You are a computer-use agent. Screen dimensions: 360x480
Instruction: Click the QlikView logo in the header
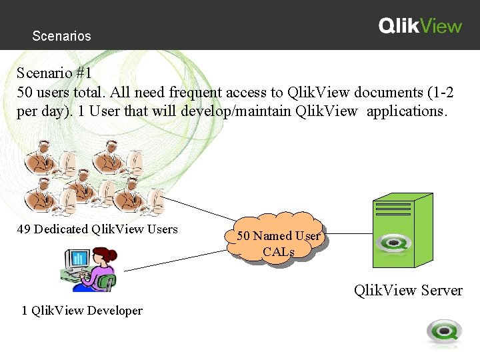pos(420,26)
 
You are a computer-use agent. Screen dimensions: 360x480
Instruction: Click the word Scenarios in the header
pos(61,36)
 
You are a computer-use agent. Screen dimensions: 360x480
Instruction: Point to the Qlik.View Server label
pos(408,291)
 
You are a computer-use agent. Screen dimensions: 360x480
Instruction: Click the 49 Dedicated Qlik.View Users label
pos(97,229)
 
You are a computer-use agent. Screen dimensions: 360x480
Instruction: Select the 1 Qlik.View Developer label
pos(82,311)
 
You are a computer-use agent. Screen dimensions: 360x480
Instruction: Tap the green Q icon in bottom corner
pos(444,331)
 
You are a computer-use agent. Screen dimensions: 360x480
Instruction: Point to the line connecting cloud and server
pos(347,233)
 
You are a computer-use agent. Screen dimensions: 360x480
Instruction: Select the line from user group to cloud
pos(200,211)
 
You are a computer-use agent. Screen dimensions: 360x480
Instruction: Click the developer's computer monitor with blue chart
pos(79,258)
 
